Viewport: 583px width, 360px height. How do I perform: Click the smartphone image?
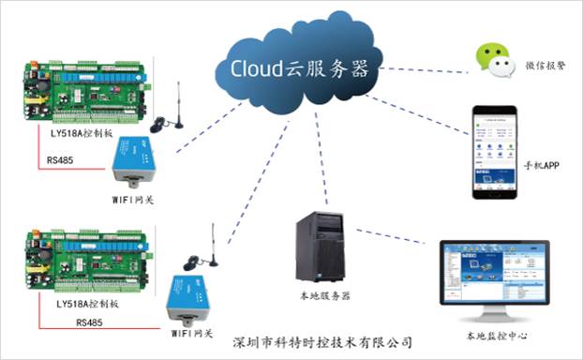coord(495,153)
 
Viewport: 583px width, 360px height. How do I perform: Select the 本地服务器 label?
coord(324,296)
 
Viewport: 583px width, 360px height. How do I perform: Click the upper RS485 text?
coord(62,159)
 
